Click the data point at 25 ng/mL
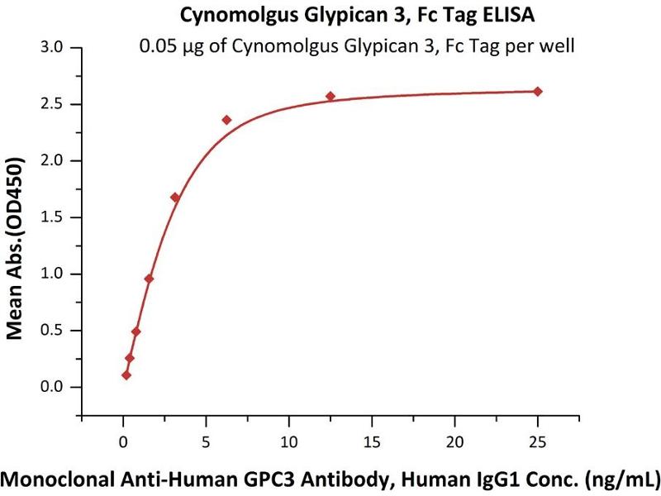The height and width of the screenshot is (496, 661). click(x=537, y=91)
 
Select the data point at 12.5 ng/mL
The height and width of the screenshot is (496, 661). click(x=330, y=96)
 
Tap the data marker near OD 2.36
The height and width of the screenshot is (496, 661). click(x=227, y=120)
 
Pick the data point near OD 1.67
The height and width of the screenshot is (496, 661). click(x=175, y=198)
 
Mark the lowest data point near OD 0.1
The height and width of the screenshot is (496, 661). click(x=126, y=375)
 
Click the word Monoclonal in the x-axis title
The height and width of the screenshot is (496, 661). click(x=63, y=478)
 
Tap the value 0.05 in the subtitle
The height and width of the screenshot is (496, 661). click(x=155, y=45)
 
